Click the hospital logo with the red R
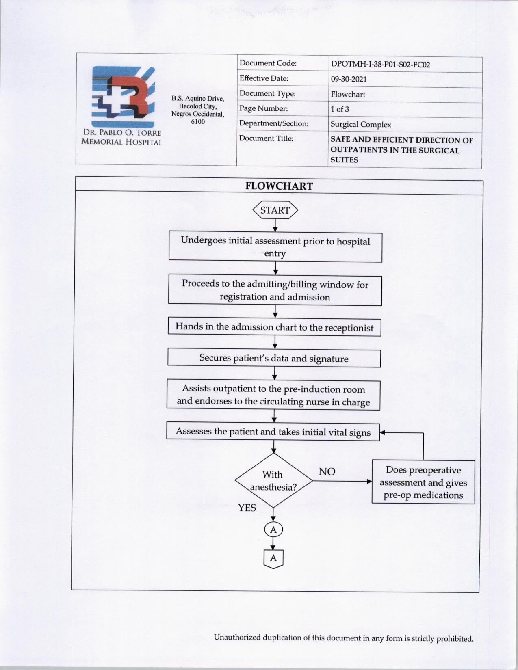[123, 97]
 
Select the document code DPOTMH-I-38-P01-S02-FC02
[380, 64]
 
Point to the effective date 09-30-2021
[349, 79]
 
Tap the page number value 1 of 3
[340, 109]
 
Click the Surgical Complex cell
[361, 125]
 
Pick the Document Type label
[267, 94]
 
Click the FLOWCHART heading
[279, 186]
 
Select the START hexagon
[275, 210]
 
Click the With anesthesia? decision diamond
[273, 481]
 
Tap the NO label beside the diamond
[327, 472]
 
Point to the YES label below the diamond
[247, 508]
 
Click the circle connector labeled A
[273, 530]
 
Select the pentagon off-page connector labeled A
[273, 559]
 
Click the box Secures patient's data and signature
[274, 359]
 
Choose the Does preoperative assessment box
[423, 482]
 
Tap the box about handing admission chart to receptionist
[274, 327]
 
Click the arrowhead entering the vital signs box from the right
[383, 433]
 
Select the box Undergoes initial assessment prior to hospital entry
[275, 247]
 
